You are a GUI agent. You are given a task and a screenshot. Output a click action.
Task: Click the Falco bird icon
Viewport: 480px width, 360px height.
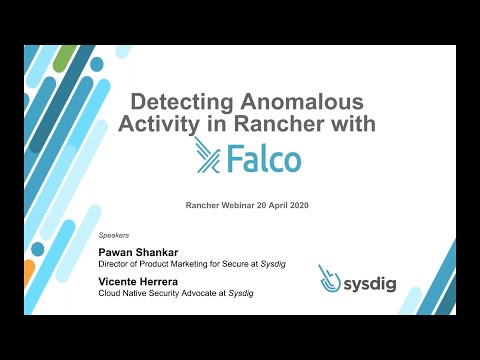[208, 156]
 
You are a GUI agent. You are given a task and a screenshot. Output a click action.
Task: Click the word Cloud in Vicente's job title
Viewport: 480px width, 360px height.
[110, 296]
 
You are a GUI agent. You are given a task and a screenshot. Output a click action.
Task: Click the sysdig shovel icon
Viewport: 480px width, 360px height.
[329, 278]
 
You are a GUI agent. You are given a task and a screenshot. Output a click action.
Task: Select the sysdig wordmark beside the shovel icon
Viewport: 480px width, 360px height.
[371, 284]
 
